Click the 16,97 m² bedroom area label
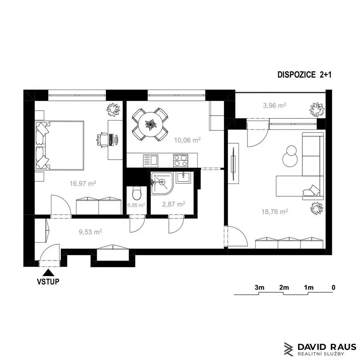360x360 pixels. tap(83, 183)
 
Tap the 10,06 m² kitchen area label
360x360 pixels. tap(187, 140)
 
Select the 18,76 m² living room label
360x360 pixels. tap(275, 211)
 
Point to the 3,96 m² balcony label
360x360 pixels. tap(275, 105)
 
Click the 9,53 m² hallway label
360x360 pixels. tap(90, 231)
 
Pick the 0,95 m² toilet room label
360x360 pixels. tap(136, 205)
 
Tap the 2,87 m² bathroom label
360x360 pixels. tap(174, 204)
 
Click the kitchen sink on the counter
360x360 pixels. tap(150, 161)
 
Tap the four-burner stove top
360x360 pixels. tap(181, 160)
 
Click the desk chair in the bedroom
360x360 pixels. tap(102, 139)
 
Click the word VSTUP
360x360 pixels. tap(48, 282)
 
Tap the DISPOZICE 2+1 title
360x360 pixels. tap(305, 75)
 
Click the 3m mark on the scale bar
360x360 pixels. tap(260, 287)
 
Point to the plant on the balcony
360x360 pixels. tap(317, 109)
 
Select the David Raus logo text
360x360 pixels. tap(327, 347)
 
